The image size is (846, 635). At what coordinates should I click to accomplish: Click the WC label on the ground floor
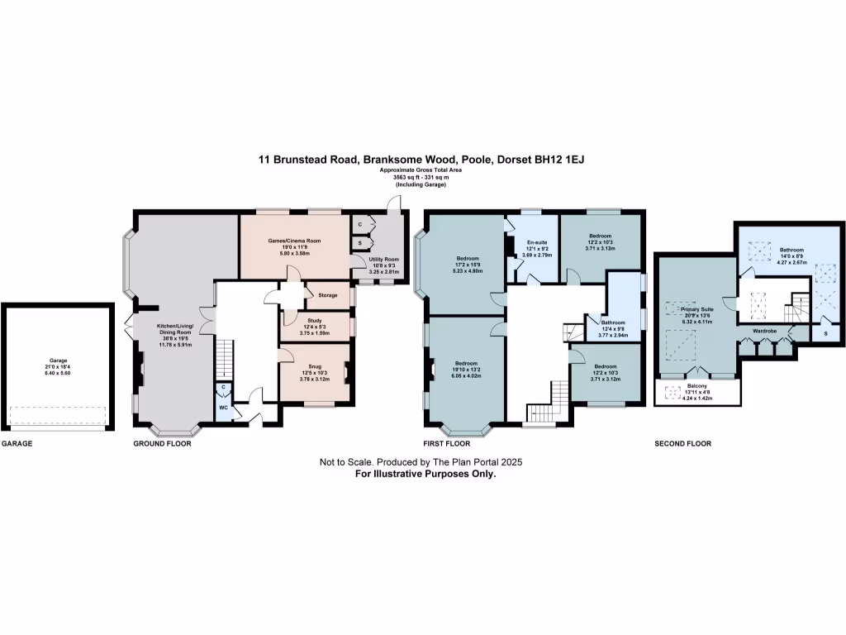pos(223,407)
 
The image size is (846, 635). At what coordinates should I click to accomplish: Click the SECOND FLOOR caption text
pos(682,444)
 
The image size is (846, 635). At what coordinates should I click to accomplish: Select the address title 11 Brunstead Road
pos(423,159)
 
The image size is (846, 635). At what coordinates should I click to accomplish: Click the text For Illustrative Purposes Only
pos(425,475)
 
